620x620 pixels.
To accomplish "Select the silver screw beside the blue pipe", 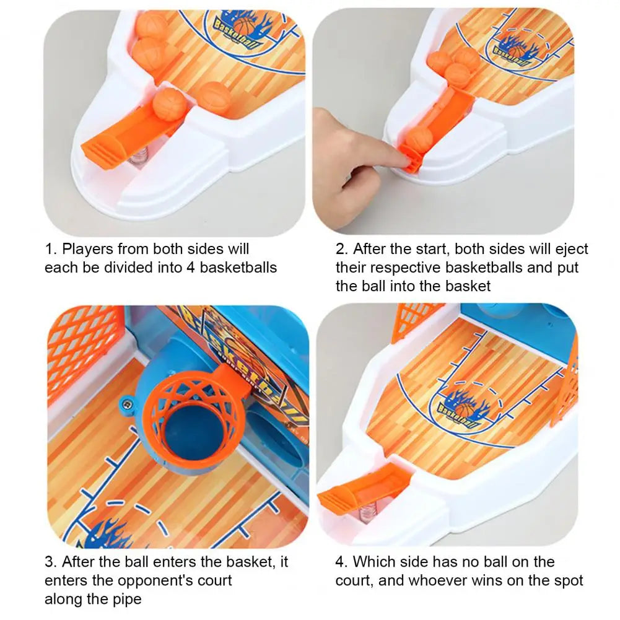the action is pyautogui.click(x=126, y=404).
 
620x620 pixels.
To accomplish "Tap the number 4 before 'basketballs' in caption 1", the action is pyautogui.click(x=191, y=268).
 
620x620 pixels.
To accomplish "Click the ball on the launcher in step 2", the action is pyautogui.click(x=419, y=139).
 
